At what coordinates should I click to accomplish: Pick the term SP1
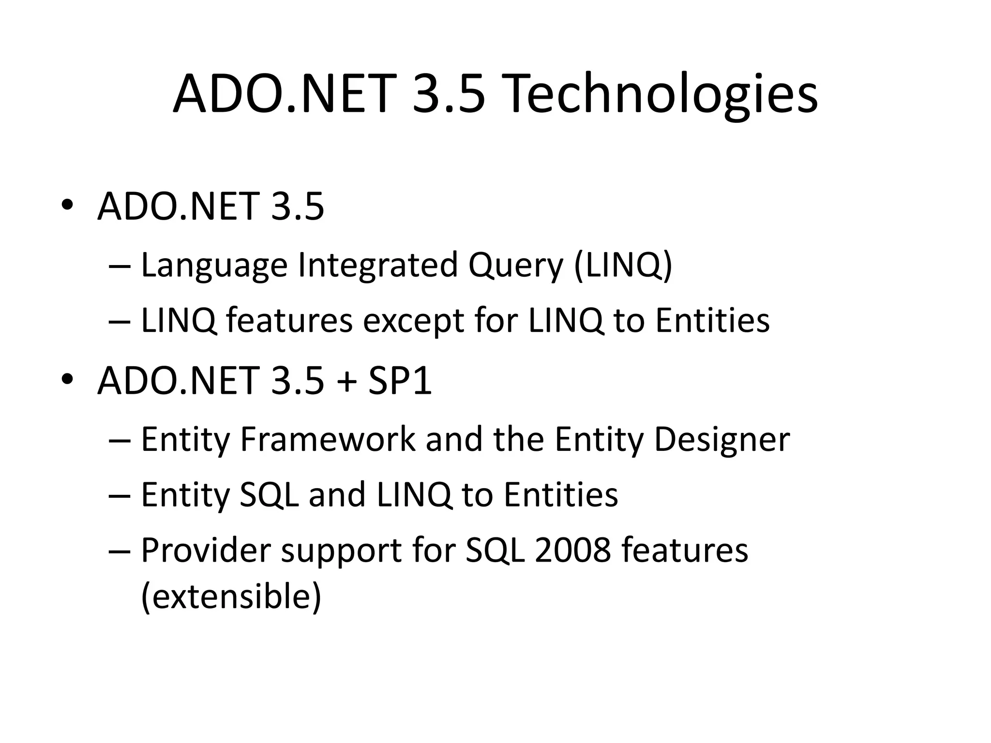coord(400,381)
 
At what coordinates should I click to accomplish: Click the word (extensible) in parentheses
coord(231,596)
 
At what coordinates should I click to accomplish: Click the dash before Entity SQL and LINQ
coord(120,496)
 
